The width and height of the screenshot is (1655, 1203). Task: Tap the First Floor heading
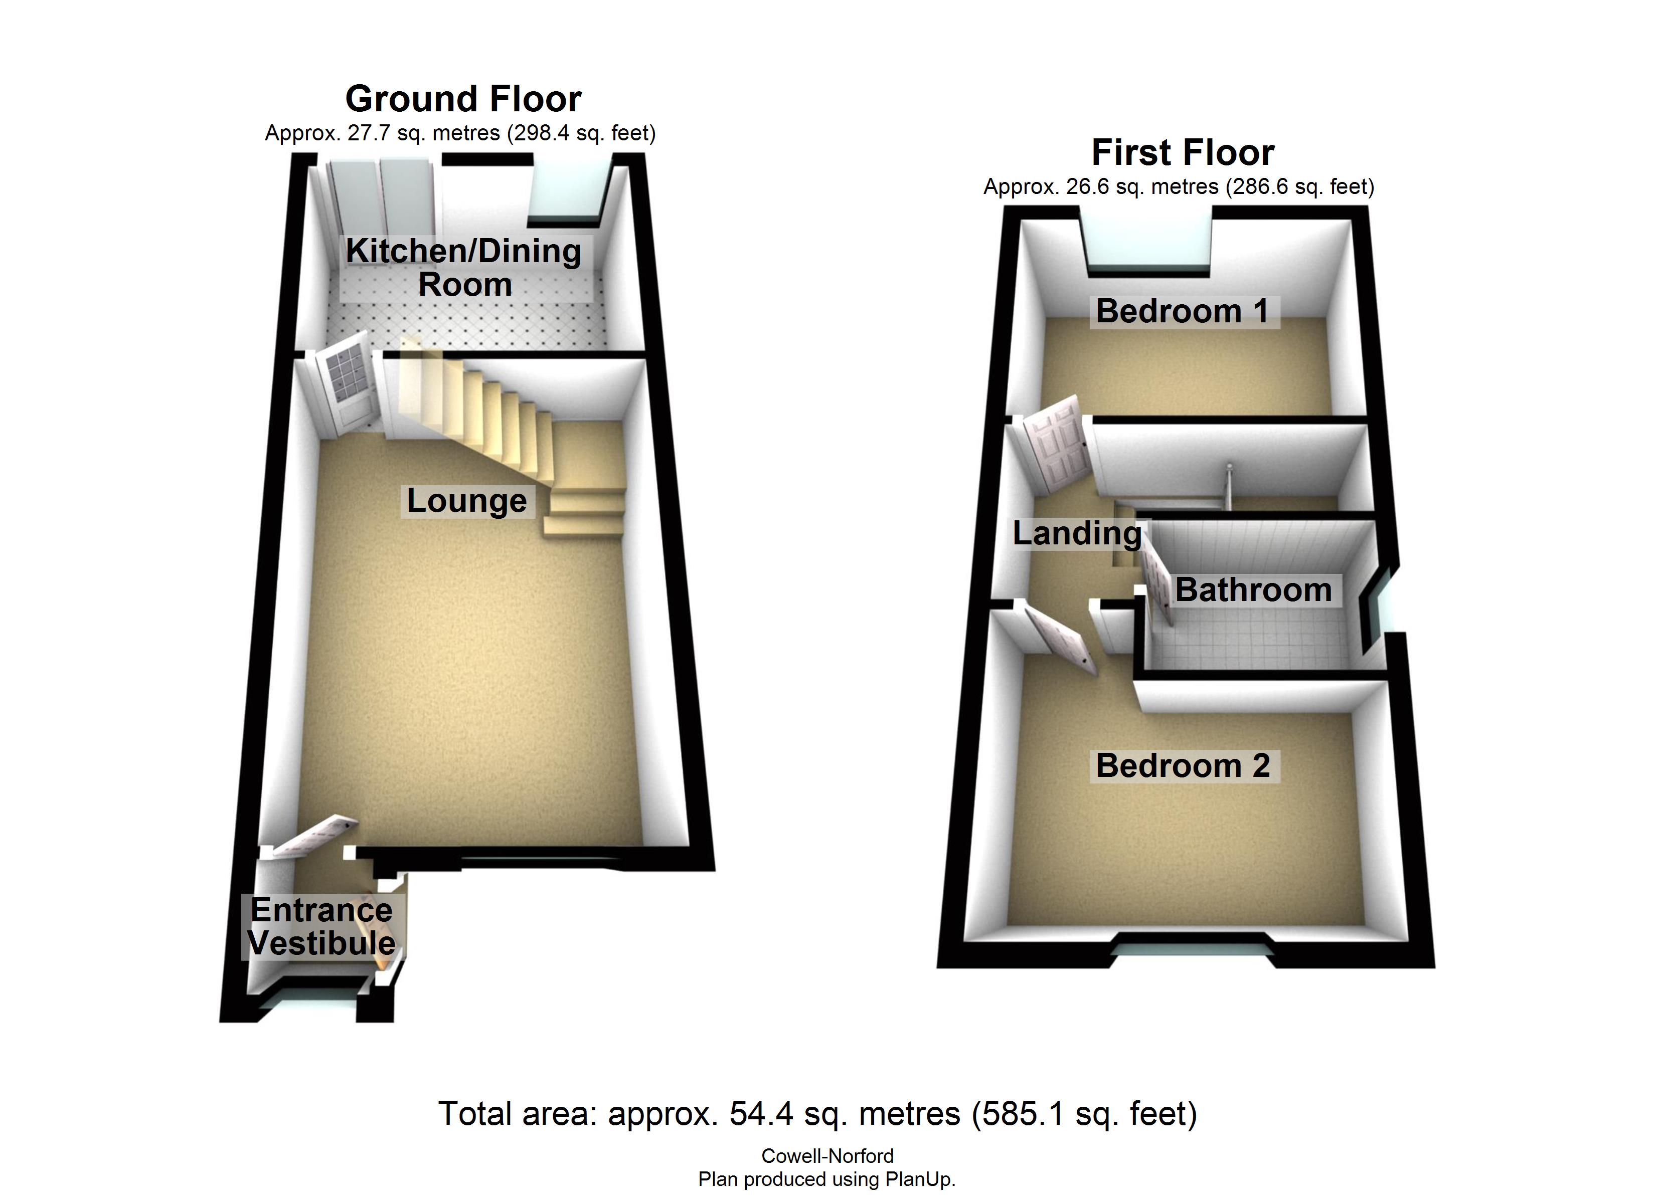pos(1182,152)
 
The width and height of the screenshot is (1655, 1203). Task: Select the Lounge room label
pos(466,500)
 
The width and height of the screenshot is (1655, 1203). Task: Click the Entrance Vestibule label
pos(322,926)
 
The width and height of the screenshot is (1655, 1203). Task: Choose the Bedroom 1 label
pos(1182,311)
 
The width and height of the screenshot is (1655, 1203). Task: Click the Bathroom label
pos(1253,589)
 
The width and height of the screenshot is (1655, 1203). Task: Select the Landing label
pos(1076,533)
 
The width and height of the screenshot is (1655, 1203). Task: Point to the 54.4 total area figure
pos(761,1114)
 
